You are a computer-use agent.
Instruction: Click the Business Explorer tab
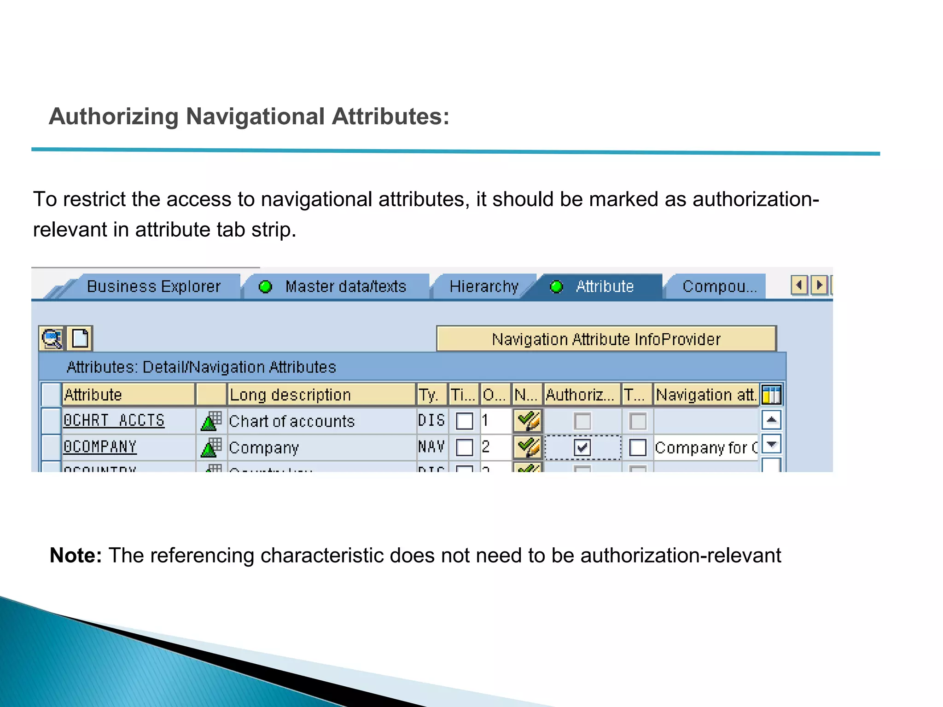(x=153, y=286)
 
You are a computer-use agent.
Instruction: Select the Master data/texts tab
(x=345, y=286)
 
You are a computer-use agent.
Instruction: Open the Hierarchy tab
(x=483, y=286)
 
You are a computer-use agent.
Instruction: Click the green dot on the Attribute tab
(x=556, y=287)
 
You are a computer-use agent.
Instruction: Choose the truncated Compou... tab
(x=719, y=286)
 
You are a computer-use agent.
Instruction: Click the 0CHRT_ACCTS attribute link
(x=114, y=420)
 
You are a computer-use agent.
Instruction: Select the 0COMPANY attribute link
(x=100, y=446)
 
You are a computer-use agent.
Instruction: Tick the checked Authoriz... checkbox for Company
(x=582, y=447)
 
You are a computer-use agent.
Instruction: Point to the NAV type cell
(x=431, y=446)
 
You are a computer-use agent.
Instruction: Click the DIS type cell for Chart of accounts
(x=431, y=420)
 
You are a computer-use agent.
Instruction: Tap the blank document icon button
(x=80, y=338)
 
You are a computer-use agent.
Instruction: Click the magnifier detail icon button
(x=52, y=338)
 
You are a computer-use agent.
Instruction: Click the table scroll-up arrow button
(x=771, y=420)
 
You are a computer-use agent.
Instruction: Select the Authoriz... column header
(x=582, y=394)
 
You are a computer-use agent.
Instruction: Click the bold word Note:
(x=76, y=555)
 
